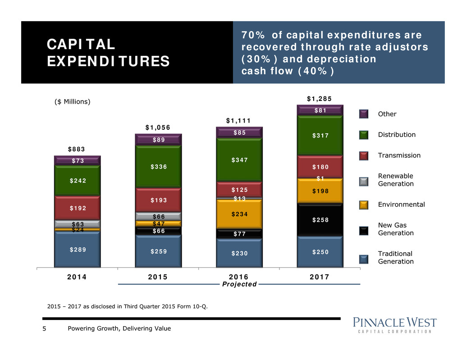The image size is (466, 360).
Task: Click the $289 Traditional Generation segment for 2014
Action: (x=77, y=249)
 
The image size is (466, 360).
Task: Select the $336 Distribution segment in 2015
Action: (x=158, y=167)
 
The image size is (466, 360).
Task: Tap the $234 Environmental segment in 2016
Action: (x=239, y=214)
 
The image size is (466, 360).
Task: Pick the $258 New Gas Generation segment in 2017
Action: (x=320, y=220)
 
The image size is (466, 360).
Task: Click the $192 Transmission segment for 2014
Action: (x=77, y=208)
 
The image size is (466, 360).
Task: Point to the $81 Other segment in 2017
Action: (x=320, y=110)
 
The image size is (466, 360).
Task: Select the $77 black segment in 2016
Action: (x=239, y=234)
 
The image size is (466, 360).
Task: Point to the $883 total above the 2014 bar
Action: (x=77, y=149)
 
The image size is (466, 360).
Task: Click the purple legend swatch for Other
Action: (x=364, y=114)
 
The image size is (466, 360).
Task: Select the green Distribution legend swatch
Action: (x=364, y=135)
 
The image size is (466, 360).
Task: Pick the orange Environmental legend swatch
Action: (x=364, y=205)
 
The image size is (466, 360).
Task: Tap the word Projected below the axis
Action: (x=239, y=284)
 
